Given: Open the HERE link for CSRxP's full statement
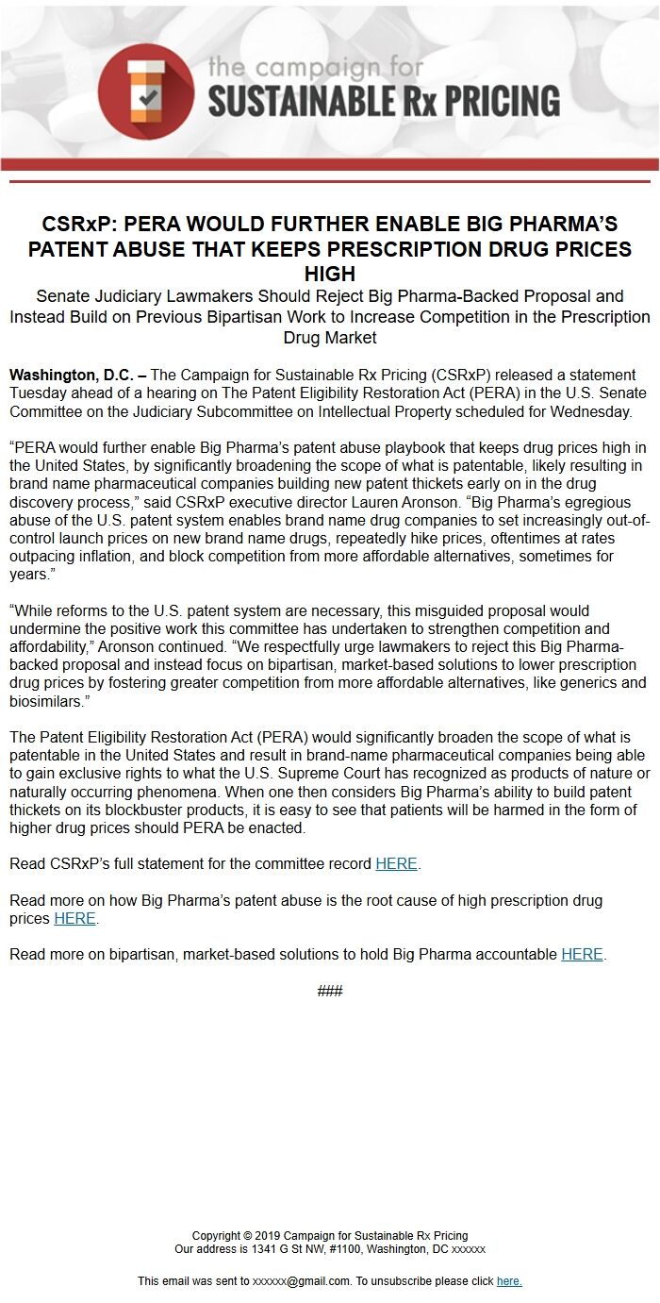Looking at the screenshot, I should pyautogui.click(x=396, y=863).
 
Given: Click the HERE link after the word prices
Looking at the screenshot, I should pyautogui.click(x=74, y=918).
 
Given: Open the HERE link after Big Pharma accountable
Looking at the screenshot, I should pyautogui.click(x=582, y=954).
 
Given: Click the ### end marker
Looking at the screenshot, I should pyautogui.click(x=329, y=991).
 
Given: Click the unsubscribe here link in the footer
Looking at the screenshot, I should pyautogui.click(x=509, y=1281).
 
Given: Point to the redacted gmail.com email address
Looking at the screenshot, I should pyautogui.click(x=301, y=1281).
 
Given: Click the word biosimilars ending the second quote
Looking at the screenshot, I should pyautogui.click(x=44, y=701).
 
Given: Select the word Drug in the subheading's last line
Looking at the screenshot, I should pyautogui.click(x=302, y=338).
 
